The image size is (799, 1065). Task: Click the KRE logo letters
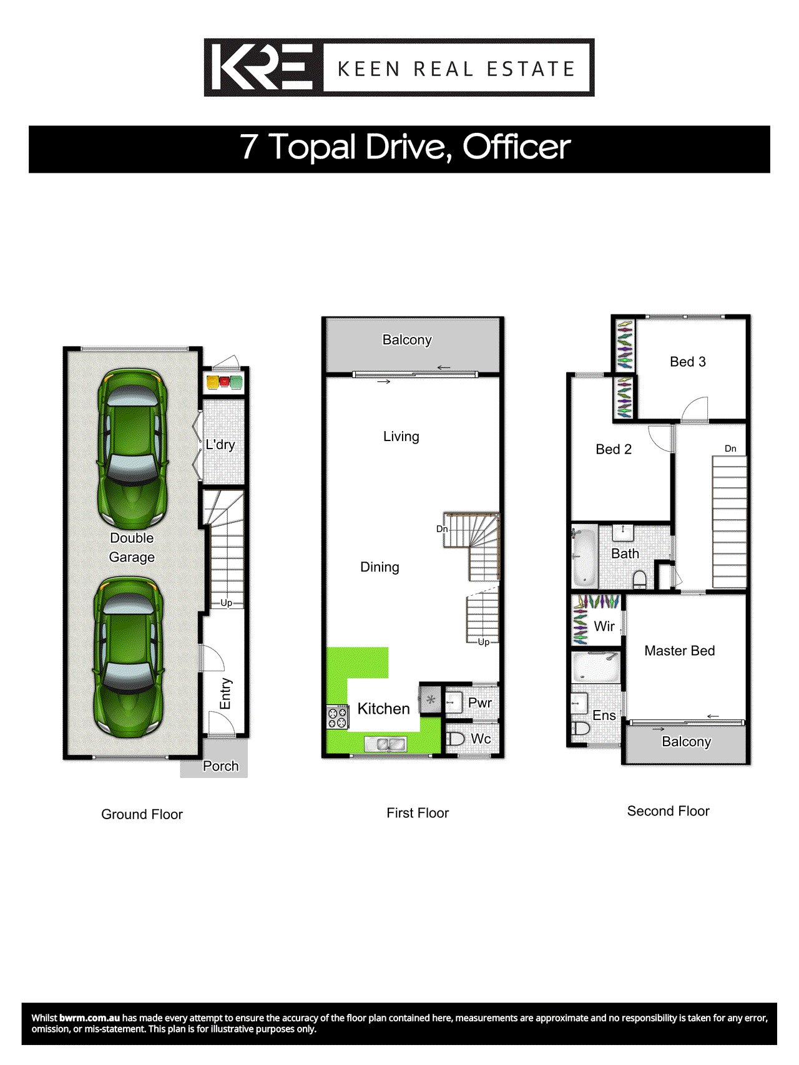262,67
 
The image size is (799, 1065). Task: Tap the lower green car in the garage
128,655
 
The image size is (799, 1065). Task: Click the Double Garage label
132,547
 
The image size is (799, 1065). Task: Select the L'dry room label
220,445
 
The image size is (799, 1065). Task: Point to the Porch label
220,766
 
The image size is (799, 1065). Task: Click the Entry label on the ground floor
225,693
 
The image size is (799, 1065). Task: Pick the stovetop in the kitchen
338,717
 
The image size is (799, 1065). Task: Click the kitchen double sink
386,744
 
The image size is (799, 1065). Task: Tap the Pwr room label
480,703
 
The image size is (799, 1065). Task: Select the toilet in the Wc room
456,739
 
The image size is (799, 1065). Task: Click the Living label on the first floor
401,437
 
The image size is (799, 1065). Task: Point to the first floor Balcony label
407,340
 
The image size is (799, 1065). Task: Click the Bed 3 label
687,362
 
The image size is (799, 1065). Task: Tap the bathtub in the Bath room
584,557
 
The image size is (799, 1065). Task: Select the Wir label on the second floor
604,626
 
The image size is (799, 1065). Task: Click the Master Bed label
679,651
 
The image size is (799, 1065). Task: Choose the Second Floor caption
668,811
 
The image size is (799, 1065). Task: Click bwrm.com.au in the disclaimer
89,1018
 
